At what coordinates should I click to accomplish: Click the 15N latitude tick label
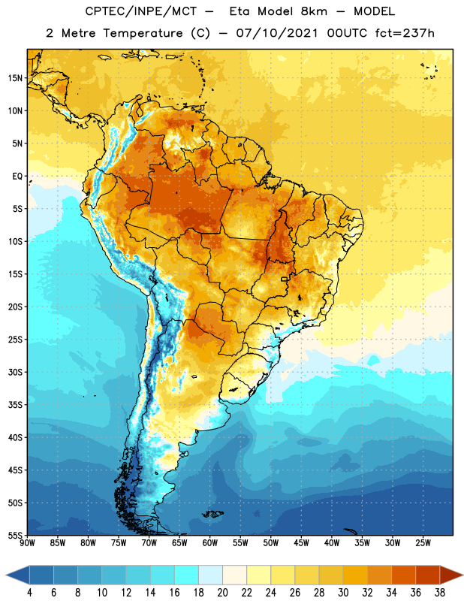15,78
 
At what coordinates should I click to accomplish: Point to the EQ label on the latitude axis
17,177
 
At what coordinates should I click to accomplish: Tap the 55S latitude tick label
15,535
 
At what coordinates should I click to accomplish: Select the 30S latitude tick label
15,372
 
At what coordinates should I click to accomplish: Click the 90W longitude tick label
27,542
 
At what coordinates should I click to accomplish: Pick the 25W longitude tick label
423,542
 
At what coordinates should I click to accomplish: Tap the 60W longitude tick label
210,542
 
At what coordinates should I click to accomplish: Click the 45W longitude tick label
302,542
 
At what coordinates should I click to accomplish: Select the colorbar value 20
222,593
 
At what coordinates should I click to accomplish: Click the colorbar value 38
440,593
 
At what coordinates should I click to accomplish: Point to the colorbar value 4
29,593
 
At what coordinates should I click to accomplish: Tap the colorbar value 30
343,593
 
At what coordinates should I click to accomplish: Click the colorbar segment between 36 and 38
428,575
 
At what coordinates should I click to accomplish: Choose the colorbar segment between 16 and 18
186,575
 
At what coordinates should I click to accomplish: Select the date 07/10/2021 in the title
276,33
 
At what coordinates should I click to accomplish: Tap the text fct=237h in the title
405,33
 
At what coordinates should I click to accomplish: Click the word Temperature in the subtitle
143,33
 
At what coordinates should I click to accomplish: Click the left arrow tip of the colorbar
6,575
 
